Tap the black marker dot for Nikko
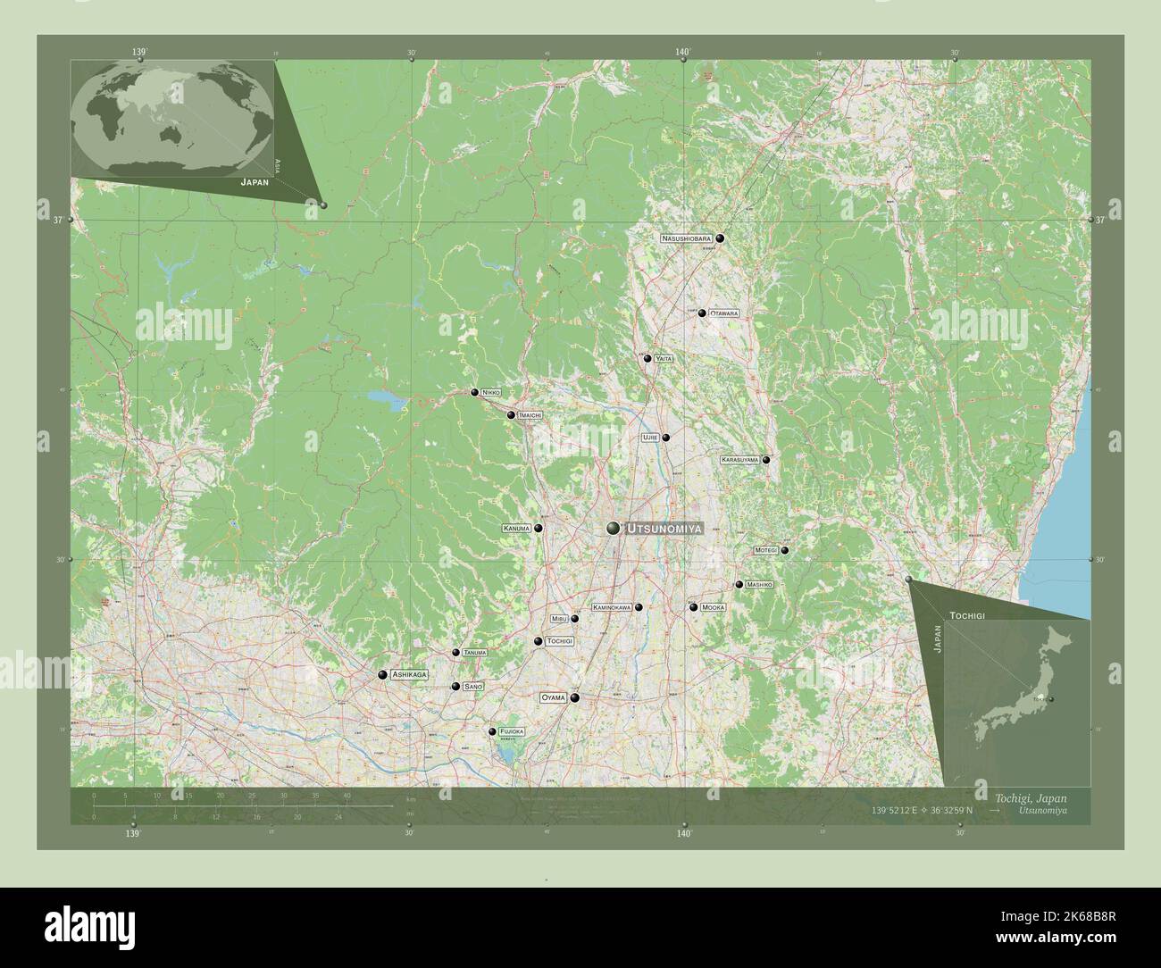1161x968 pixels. (x=475, y=392)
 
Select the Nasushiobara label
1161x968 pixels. (x=687, y=239)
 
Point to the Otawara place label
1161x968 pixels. (x=724, y=313)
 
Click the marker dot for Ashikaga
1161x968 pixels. (x=382, y=675)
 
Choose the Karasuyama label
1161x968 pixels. (x=739, y=460)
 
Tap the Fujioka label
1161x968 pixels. (x=512, y=731)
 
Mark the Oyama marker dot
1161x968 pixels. (x=575, y=698)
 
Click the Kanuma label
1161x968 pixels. (x=517, y=529)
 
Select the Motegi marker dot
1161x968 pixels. (x=785, y=551)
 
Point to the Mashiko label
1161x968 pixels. (x=759, y=585)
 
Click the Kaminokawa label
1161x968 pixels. (x=612, y=607)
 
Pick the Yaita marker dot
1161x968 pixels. (x=647, y=358)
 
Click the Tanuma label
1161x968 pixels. (x=475, y=654)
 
